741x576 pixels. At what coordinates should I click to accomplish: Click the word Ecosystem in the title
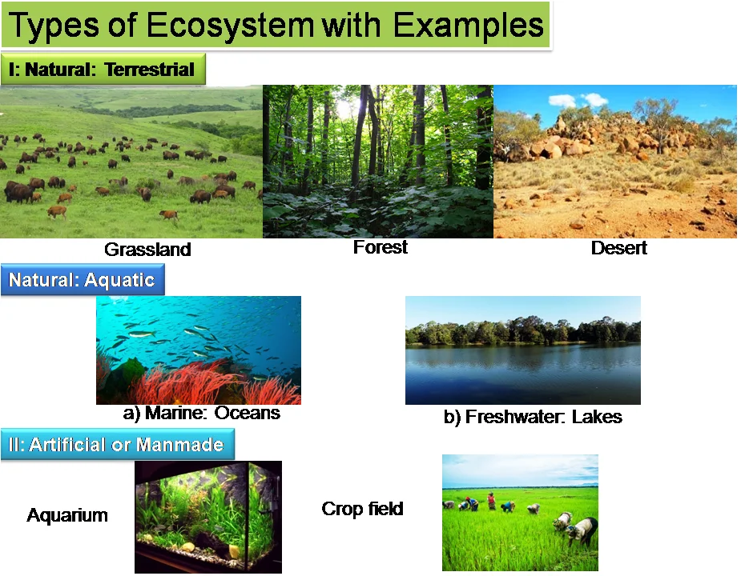click(230, 25)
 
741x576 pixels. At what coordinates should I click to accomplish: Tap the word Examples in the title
click(469, 25)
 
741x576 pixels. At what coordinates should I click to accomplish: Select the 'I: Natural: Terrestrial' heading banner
click(103, 69)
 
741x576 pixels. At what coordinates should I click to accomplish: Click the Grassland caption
click(147, 250)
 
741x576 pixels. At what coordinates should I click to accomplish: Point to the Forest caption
click(381, 247)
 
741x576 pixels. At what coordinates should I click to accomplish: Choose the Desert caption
click(619, 248)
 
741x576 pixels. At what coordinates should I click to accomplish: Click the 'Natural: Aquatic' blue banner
click(83, 279)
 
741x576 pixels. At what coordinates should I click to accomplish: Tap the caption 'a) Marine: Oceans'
click(201, 413)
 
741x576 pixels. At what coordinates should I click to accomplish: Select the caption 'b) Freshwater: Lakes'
click(533, 417)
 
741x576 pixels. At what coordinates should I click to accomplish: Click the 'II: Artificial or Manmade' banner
click(117, 444)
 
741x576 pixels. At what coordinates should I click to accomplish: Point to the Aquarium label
click(67, 515)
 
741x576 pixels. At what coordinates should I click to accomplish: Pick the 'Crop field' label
click(362, 509)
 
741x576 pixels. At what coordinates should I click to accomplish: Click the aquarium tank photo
click(208, 517)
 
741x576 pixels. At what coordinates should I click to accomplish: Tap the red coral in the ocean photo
click(203, 382)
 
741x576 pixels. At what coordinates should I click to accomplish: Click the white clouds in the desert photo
click(578, 100)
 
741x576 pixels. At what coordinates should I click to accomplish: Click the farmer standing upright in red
click(492, 501)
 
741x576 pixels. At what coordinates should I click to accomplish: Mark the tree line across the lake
click(523, 330)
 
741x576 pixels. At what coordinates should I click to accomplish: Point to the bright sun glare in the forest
click(345, 108)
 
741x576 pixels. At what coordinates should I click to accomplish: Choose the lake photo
click(523, 350)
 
